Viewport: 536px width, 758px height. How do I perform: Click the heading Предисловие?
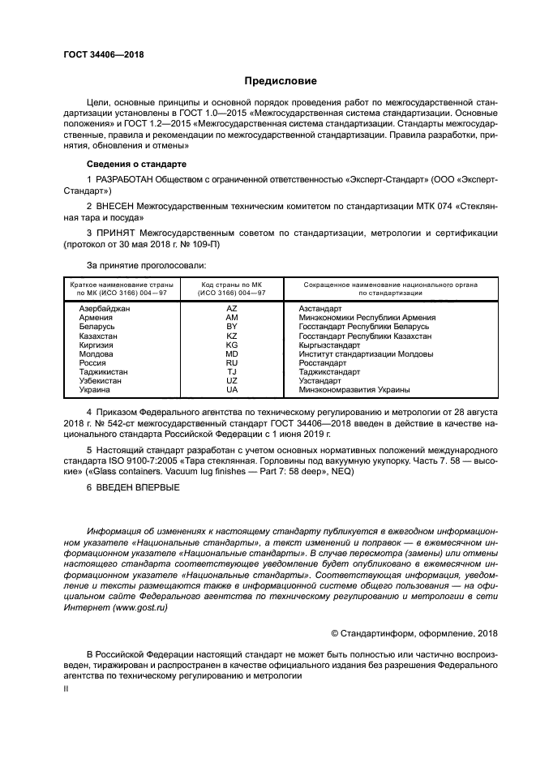point(281,81)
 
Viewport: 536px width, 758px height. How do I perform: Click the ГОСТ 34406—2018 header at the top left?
point(98,54)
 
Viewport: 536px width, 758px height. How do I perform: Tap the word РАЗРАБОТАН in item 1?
point(127,179)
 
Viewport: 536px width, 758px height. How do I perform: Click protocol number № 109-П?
point(203,245)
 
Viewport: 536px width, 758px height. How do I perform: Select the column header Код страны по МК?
point(231,285)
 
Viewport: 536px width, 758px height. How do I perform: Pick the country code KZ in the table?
point(231,336)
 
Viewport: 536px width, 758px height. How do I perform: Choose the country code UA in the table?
point(231,390)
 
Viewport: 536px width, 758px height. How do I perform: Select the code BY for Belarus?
point(231,327)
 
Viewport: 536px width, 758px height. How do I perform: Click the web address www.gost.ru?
point(139,607)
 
